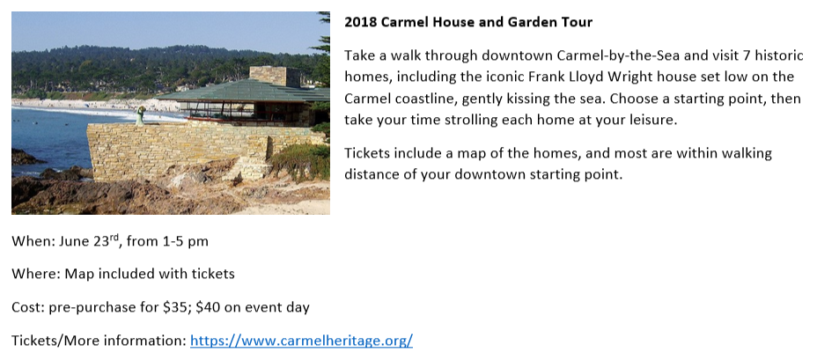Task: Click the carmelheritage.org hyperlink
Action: pyautogui.click(x=301, y=341)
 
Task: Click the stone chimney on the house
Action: pyautogui.click(x=275, y=76)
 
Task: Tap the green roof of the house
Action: pyautogui.click(x=245, y=91)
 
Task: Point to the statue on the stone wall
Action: pyautogui.click(x=141, y=115)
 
